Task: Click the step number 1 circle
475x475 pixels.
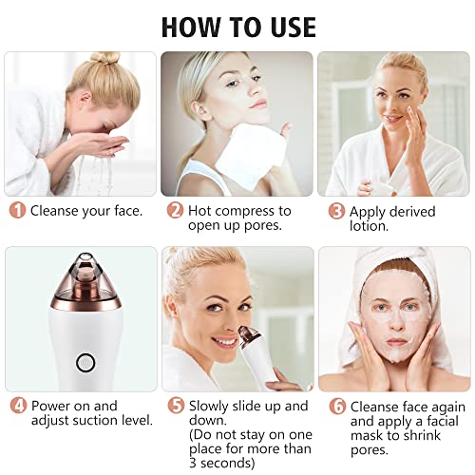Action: click(17, 211)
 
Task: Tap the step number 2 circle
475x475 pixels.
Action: click(175, 211)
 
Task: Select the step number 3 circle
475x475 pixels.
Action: click(336, 211)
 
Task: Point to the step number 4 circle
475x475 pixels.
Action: click(19, 406)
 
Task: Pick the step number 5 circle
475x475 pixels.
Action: click(176, 406)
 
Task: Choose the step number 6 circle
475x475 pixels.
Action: click(337, 407)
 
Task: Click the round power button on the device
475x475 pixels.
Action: click(85, 363)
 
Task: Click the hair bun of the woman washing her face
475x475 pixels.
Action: click(105, 58)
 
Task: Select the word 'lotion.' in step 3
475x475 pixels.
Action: click(369, 226)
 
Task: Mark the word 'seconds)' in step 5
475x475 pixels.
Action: click(227, 464)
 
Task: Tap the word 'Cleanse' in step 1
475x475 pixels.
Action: click(54, 211)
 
